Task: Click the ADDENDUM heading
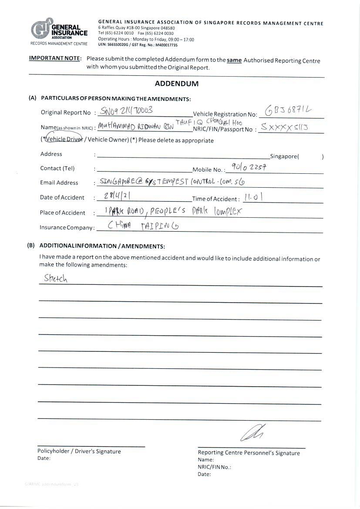click(x=176, y=84)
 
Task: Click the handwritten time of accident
click(x=252, y=197)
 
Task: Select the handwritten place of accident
click(x=172, y=212)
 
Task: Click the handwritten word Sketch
click(x=55, y=278)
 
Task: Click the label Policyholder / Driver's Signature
click(x=79, y=451)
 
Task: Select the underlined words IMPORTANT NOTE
click(x=55, y=58)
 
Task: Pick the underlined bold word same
click(x=234, y=61)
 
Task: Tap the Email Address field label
click(x=59, y=182)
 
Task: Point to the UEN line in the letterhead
click(x=138, y=45)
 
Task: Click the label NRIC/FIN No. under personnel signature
click(x=214, y=467)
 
